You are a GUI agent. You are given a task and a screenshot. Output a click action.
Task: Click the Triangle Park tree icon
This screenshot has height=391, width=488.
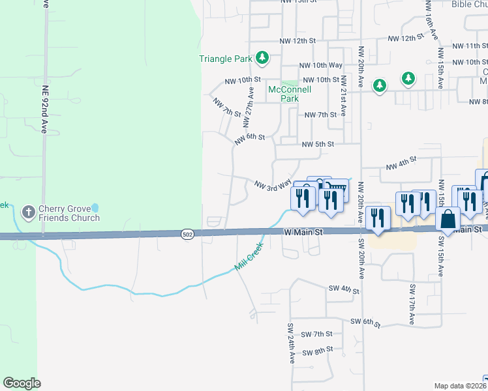point(262,59)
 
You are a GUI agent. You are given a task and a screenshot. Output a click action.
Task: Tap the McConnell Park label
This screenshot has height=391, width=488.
point(284,94)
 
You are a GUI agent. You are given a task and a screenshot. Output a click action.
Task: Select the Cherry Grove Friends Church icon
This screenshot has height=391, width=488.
point(28,212)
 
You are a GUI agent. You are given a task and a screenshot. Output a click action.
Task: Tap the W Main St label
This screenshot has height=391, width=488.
point(303,231)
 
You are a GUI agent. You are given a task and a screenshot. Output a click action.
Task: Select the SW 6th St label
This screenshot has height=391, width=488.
point(365,322)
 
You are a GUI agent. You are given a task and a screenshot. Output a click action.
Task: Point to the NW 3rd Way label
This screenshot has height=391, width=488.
point(272,185)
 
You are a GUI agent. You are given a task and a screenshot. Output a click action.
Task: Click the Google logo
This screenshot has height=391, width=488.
point(22,383)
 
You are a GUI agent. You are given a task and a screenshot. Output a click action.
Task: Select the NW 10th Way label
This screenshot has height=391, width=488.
point(320,65)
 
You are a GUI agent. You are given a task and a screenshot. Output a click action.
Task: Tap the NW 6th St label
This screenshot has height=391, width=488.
point(250,138)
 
